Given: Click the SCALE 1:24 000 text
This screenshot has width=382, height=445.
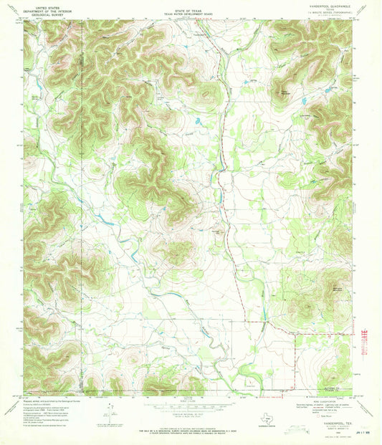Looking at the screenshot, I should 190,398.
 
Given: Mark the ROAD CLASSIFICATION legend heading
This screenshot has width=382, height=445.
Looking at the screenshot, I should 331,396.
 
